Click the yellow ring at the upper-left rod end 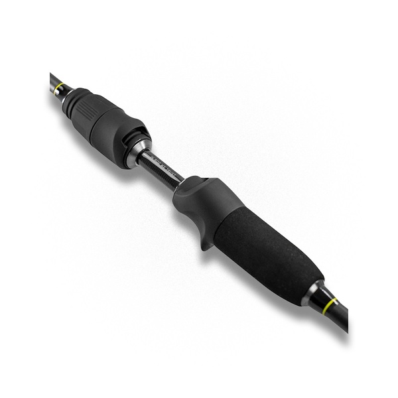(x=60, y=87)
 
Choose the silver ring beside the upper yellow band (x=66, y=92)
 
